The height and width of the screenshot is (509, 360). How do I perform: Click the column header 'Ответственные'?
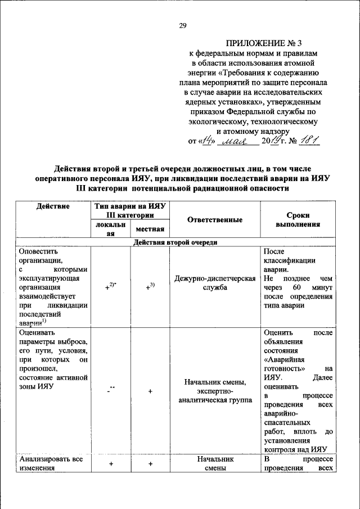(215, 220)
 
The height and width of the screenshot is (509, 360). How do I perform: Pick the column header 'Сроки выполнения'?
(298, 219)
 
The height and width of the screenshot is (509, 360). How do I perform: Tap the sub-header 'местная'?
(150, 229)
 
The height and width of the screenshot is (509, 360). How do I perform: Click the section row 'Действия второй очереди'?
(175, 242)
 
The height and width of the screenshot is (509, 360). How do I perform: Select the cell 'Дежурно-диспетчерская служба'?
(215, 282)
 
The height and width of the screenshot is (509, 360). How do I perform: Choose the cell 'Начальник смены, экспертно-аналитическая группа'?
(215, 391)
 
